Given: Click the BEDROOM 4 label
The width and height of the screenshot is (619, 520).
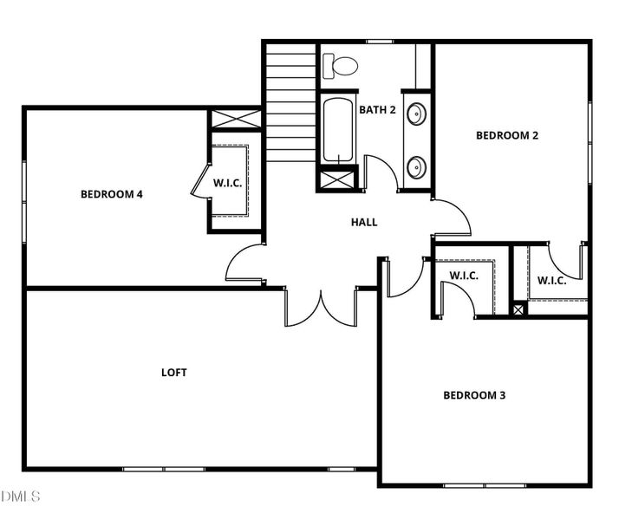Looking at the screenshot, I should coord(111,194).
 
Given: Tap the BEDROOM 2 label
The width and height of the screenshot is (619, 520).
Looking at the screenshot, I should coord(508,135).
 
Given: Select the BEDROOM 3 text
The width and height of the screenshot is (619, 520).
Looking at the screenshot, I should coord(474,395).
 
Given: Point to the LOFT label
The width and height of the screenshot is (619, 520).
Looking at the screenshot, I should coord(174,373).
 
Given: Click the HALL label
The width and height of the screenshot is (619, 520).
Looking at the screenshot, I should coord(364,223).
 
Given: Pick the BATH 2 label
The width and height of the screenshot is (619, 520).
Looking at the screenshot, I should coord(377,110).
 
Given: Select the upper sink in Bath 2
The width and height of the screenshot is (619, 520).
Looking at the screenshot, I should coord(417,114).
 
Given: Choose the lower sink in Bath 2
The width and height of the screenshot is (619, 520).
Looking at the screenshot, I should coord(417,166).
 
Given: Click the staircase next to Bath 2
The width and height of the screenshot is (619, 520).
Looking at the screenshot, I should coord(290,104).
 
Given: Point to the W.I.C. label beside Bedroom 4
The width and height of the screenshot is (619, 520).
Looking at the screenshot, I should coord(228,183).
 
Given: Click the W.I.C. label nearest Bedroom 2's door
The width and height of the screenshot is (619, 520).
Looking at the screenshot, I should coord(551,280).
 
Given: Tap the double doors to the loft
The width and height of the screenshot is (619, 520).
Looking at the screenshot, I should coord(320,309).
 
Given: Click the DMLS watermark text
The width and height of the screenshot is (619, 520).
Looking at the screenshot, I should coord(20,497).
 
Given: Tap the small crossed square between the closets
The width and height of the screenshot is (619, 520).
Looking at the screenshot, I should coord(518,309).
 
